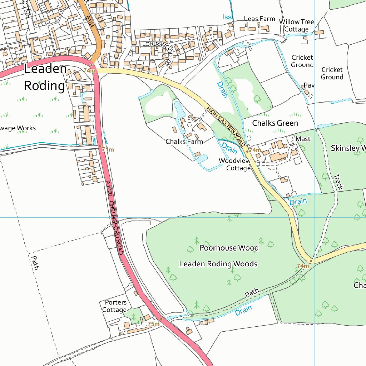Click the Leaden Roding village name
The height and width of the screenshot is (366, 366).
(45, 78)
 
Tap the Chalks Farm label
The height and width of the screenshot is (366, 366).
(184, 142)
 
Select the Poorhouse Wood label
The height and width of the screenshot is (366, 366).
(229, 248)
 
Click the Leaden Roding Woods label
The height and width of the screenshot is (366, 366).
(218, 264)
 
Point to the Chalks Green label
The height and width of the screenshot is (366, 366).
(275, 123)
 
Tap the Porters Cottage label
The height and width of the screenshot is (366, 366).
(115, 306)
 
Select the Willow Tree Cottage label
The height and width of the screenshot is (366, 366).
(296, 26)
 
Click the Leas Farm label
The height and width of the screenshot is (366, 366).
(259, 19)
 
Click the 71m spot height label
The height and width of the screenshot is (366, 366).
(108, 150)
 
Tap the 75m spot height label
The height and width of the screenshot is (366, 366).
(153, 324)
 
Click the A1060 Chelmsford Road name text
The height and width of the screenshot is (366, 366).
(115, 218)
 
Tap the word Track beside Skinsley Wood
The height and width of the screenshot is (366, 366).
(338, 182)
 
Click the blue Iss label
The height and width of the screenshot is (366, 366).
(227, 17)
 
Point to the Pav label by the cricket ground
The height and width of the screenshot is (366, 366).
(308, 85)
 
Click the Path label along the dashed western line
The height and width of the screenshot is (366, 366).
(35, 262)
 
